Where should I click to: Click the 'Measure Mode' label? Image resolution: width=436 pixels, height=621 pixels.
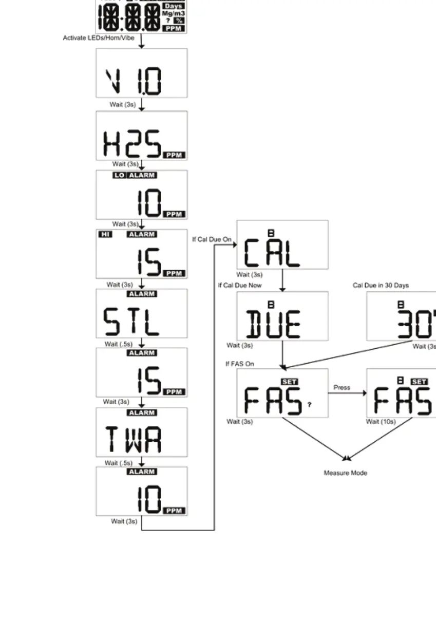click(345, 473)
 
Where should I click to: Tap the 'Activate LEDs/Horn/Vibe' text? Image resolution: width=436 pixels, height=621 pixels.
click(101, 37)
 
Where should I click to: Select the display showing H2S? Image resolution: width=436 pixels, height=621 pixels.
click(141, 136)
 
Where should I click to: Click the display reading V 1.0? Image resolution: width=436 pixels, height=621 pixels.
click(141, 73)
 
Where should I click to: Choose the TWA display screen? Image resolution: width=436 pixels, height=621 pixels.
click(141, 432)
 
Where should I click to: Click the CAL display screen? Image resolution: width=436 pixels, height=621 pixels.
click(282, 244)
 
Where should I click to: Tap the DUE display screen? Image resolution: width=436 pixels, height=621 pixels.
click(282, 316)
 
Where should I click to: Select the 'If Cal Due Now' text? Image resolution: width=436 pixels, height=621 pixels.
click(240, 285)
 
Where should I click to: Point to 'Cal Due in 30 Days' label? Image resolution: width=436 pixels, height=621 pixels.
click(381, 285)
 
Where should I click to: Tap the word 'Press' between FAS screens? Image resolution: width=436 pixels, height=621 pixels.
click(342, 387)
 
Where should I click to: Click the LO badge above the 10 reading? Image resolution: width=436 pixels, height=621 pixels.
click(119, 175)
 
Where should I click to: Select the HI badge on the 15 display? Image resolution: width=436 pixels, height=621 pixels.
click(104, 234)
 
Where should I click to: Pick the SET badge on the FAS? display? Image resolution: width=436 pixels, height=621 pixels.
click(290, 382)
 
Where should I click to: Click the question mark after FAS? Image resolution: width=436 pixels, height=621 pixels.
click(309, 405)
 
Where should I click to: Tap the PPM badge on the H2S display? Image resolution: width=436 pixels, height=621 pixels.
click(174, 155)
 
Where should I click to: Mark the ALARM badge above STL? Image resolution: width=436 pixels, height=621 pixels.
click(141, 294)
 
